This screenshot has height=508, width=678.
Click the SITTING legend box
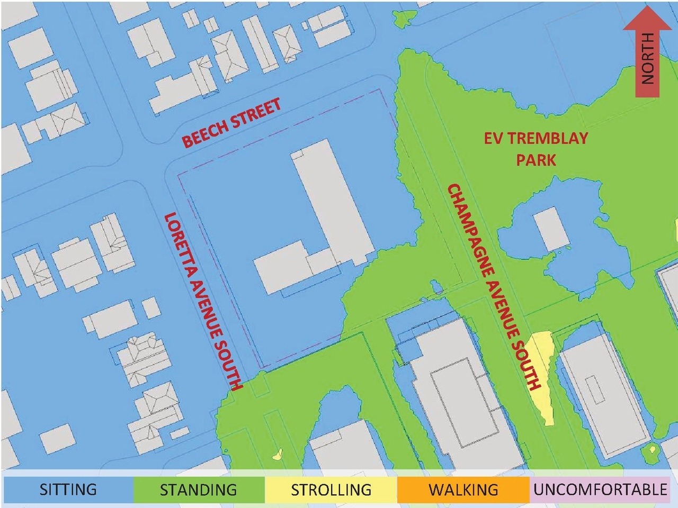pyautogui.click(x=68, y=489)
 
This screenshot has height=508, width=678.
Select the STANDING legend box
pyautogui.click(x=199, y=489)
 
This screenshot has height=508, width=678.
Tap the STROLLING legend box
pyautogui.click(x=331, y=489)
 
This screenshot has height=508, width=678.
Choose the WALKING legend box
pyautogui.click(x=463, y=489)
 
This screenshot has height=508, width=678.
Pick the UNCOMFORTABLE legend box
pyautogui.click(x=600, y=489)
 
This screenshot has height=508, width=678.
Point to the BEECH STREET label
pyautogui.click(x=231, y=123)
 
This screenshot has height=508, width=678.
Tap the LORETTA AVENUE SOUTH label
pyautogui.click(x=203, y=301)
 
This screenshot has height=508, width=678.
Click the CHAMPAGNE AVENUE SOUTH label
pyautogui.click(x=493, y=286)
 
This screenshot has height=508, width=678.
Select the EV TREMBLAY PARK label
pyautogui.click(x=536, y=149)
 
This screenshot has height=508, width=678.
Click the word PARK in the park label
pyautogui.click(x=536, y=160)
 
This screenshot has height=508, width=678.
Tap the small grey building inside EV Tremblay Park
pyautogui.click(x=551, y=229)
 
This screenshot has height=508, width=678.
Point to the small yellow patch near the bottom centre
pyautogui.click(x=276, y=454)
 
